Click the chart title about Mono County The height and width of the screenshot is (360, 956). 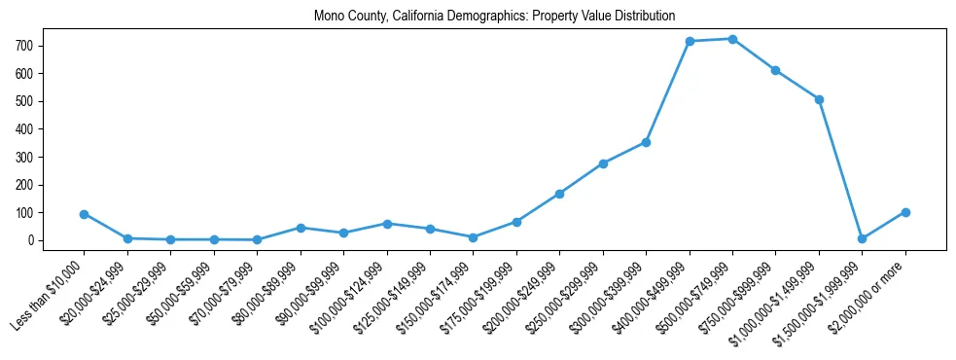tap(494, 17)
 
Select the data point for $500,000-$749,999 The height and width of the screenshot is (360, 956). tap(732, 39)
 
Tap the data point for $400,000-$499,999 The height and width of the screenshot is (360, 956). tap(690, 41)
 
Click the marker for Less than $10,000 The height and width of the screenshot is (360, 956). tap(85, 214)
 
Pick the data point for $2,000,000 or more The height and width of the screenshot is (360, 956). tap(905, 212)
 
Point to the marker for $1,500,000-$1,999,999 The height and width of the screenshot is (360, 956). tap(862, 238)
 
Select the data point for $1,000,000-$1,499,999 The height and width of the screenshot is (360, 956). tap(819, 99)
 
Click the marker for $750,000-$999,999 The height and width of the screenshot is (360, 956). tap(775, 70)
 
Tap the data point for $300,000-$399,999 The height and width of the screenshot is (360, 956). tap(646, 142)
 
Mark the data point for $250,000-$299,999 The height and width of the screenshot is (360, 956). tap(603, 163)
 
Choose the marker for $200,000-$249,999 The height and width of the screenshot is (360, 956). tap(559, 194)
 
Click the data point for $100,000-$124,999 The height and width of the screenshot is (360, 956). tap(387, 224)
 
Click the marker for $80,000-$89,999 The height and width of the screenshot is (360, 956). tap(301, 228)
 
